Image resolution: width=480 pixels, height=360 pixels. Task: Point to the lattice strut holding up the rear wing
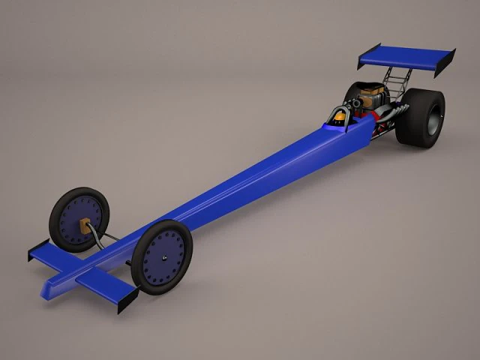pyautogui.click(x=395, y=77)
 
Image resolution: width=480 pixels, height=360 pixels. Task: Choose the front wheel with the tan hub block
pyautogui.click(x=79, y=220)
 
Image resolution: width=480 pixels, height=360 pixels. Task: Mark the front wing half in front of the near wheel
pyautogui.click(x=105, y=283)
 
